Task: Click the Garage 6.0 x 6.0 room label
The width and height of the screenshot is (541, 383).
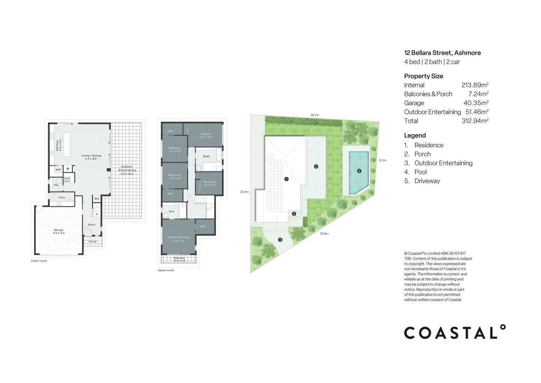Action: (x=59, y=232)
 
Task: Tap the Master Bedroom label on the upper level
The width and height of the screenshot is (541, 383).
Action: (x=178, y=239)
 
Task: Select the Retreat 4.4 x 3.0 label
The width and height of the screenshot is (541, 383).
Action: (x=206, y=135)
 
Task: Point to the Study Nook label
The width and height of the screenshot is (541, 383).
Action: (x=67, y=180)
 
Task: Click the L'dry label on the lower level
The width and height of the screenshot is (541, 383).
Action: (x=62, y=198)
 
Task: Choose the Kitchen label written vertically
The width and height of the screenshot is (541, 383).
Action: (x=58, y=145)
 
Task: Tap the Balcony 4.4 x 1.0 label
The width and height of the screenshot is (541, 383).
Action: (x=179, y=259)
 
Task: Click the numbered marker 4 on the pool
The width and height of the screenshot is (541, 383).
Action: (x=359, y=171)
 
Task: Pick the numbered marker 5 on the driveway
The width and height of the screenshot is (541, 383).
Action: (x=280, y=240)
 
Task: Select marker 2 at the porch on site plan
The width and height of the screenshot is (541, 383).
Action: (x=294, y=214)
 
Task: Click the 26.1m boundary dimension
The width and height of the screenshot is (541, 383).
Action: (x=314, y=115)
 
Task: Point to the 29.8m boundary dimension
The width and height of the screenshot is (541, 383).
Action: (x=324, y=234)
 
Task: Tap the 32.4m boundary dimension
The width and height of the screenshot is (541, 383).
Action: (x=244, y=192)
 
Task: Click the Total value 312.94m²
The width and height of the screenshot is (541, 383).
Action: (x=475, y=121)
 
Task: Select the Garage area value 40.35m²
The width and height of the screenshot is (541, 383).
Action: (x=476, y=103)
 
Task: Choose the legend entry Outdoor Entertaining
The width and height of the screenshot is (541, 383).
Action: (x=443, y=163)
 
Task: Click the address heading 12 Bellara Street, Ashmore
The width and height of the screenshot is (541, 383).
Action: (x=442, y=53)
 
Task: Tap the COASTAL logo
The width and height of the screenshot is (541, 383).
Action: (x=455, y=332)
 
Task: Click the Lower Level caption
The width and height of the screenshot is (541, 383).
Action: (x=39, y=261)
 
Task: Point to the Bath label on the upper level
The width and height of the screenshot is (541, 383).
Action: (x=206, y=156)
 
